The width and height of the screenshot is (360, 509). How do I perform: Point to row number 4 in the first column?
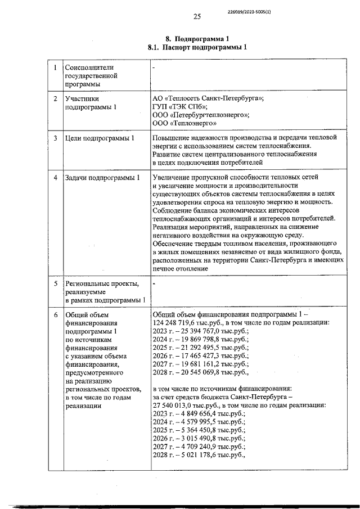55,178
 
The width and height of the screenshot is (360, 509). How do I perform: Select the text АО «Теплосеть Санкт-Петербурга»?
208,98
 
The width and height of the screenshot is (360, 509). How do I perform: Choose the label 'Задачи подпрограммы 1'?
102,178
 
